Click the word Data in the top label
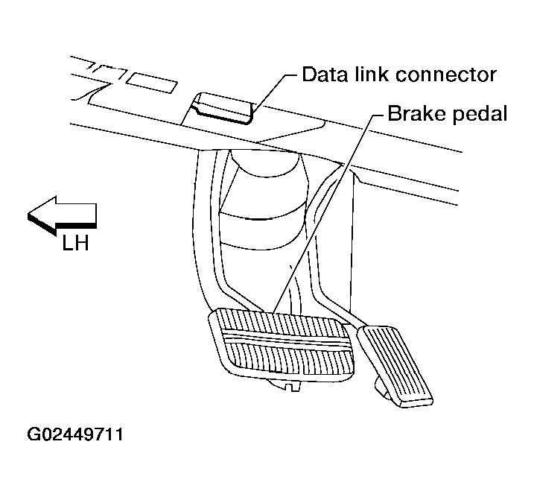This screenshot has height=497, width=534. [x=320, y=75]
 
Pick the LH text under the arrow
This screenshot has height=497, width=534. [x=76, y=242]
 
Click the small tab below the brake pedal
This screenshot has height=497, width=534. [x=290, y=384]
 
